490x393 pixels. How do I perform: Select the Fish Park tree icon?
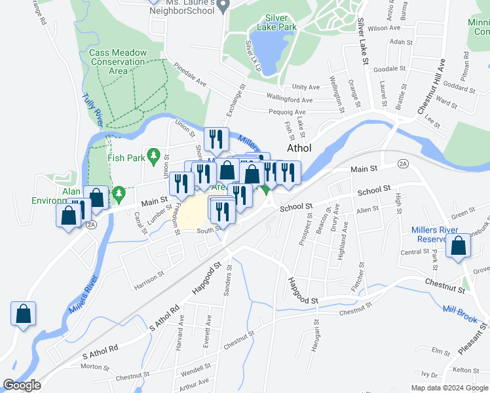point(153,156)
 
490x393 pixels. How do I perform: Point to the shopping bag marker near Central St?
point(459,246)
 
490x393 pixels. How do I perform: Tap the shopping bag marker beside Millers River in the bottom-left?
point(24,313)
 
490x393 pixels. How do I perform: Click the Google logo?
point(22,385)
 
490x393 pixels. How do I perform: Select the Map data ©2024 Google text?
point(449,387)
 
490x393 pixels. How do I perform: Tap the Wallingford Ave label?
point(290,100)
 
